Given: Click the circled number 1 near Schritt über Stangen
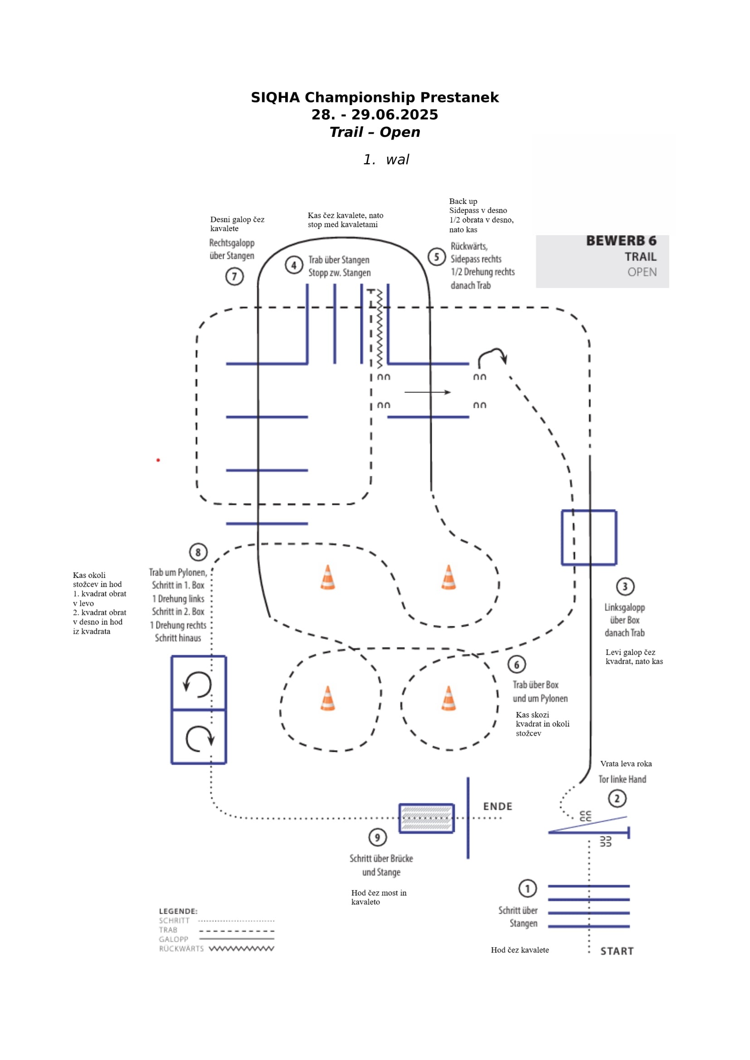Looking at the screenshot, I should [527, 888].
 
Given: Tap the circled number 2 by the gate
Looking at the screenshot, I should [617, 798].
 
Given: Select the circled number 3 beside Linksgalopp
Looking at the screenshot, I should [625, 586].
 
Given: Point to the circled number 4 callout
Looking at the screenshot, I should [294, 265].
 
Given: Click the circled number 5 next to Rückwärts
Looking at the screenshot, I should [436, 257].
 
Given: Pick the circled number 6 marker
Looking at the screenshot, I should [517, 664].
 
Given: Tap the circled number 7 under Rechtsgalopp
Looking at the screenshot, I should [234, 276].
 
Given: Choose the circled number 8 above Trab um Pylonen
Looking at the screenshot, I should [198, 552].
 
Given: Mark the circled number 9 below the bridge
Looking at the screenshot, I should [377, 837].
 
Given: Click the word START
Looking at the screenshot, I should [617, 951].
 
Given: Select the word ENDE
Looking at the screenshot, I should [497, 806].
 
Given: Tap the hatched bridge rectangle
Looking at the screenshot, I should [426, 818].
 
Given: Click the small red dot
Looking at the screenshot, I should [158, 460].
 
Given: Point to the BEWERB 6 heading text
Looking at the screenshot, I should [621, 241].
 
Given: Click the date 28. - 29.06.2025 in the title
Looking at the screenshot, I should [375, 115].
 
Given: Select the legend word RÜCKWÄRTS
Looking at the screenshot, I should [181, 949].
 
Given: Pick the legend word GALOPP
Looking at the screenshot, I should [174, 939].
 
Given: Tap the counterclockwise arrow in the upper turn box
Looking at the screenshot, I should [198, 684].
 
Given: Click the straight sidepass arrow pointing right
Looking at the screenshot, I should [427, 392].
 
